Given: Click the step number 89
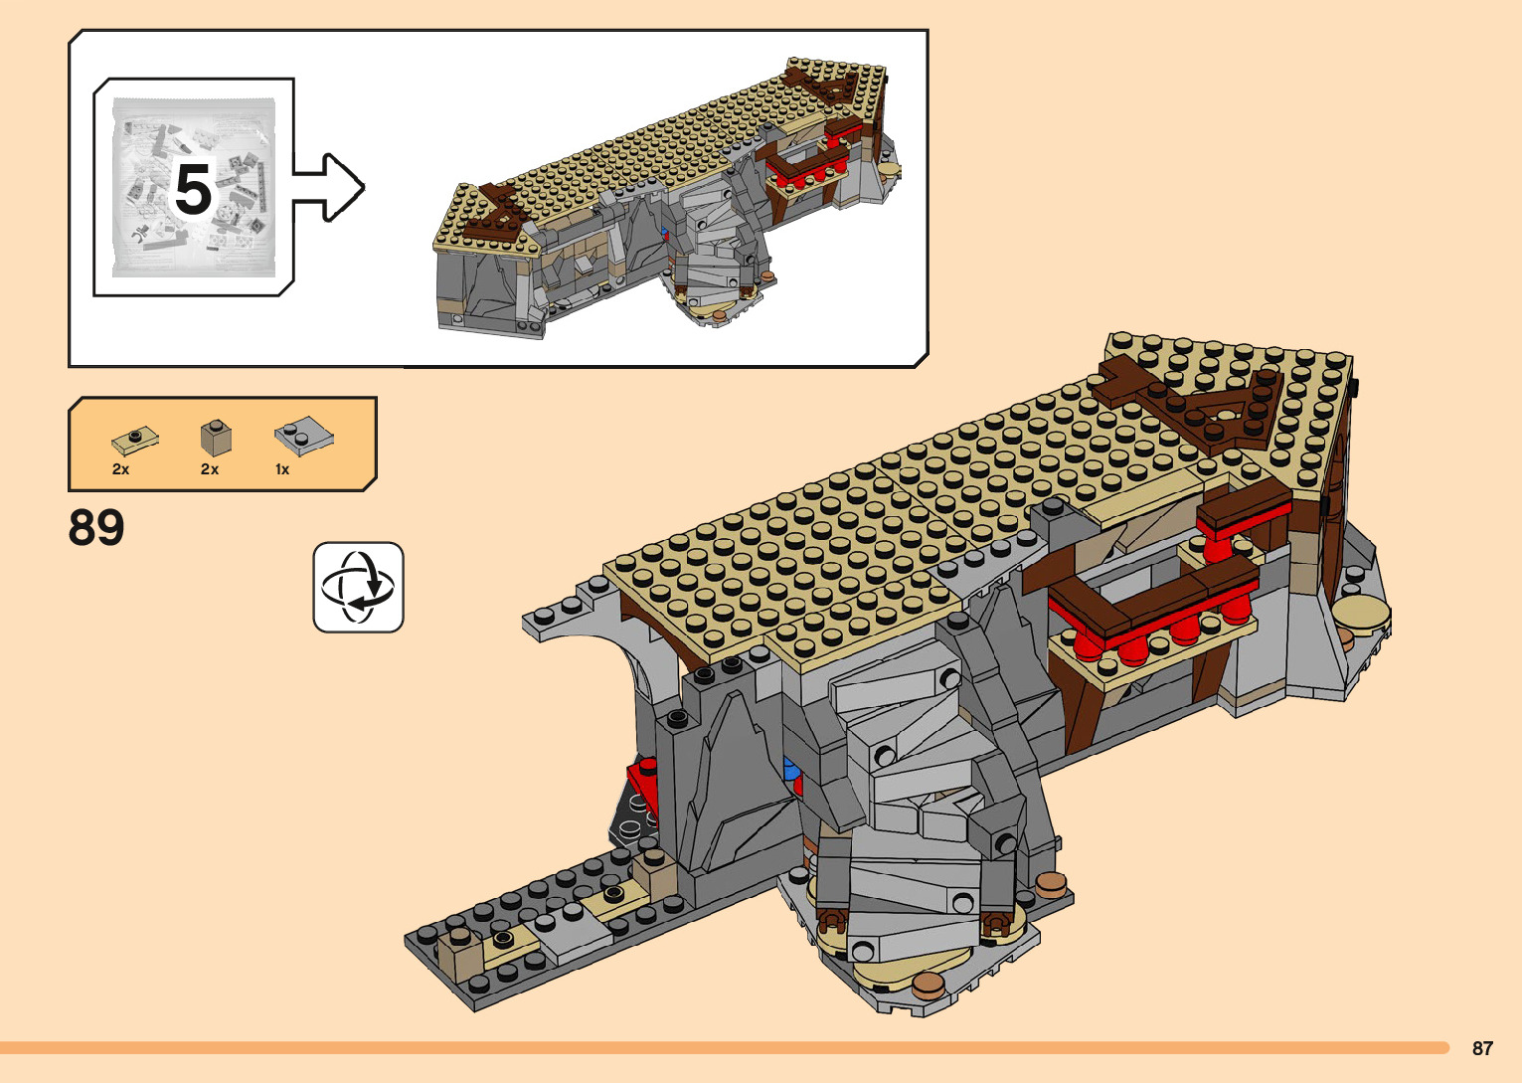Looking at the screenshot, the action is click(x=96, y=527).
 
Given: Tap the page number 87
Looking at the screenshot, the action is click(x=1482, y=1048).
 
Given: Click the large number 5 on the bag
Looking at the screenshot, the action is click(x=193, y=190).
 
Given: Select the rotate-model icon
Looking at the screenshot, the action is click(x=358, y=588).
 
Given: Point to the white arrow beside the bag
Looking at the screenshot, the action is click(x=329, y=188).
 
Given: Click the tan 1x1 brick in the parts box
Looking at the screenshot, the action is click(x=216, y=438).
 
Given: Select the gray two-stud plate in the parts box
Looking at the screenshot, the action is click(x=304, y=436).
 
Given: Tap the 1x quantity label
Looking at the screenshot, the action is click(x=282, y=469).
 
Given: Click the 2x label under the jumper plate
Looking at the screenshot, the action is click(x=120, y=469).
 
